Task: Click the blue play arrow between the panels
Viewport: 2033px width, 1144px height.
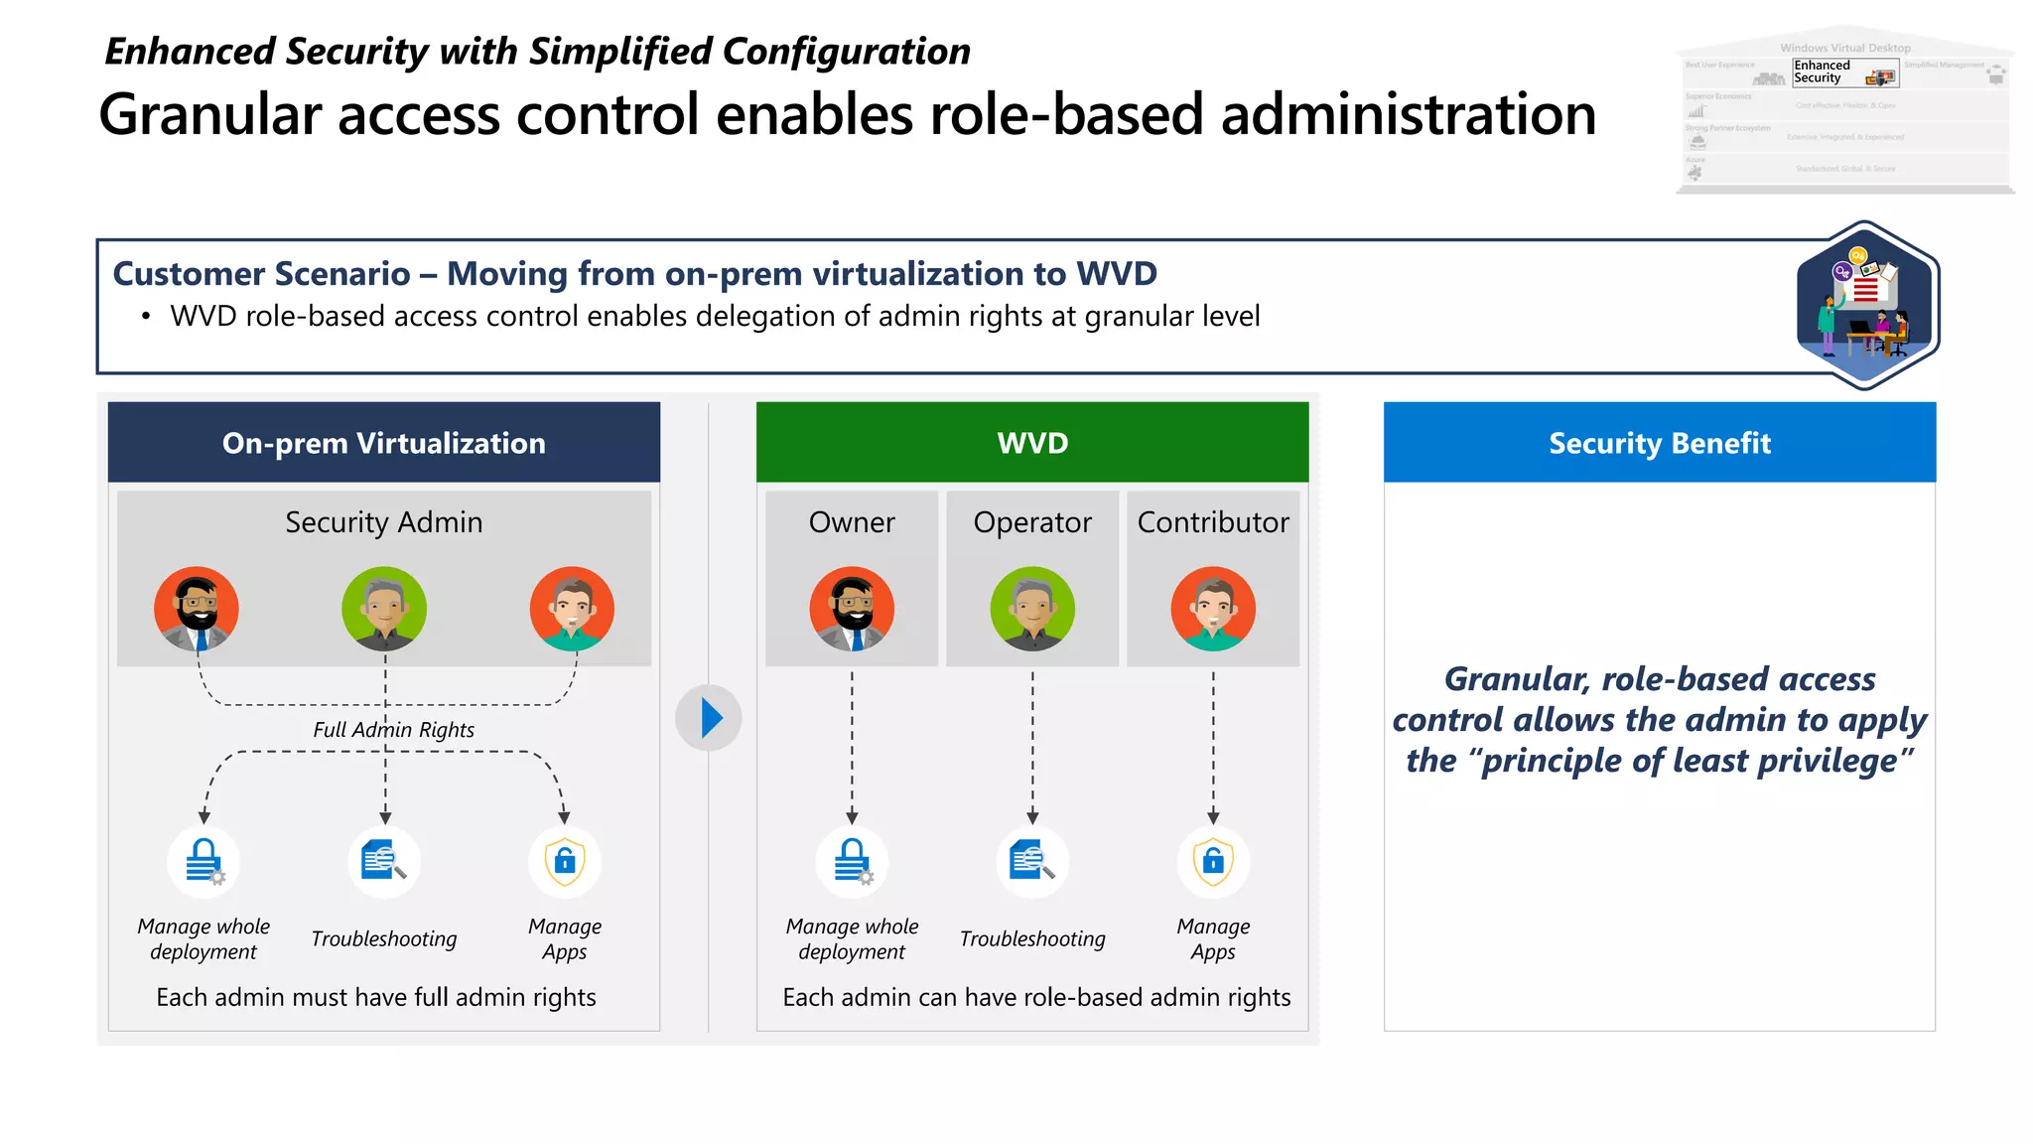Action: tap(709, 718)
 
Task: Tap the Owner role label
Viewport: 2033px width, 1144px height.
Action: tap(852, 522)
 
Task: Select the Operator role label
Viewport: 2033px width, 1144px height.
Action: tap(1032, 522)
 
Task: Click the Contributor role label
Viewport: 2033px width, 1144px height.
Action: tap(1213, 522)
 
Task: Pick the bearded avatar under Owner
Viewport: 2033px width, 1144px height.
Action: tap(852, 609)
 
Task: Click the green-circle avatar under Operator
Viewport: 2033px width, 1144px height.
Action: tap(1032, 609)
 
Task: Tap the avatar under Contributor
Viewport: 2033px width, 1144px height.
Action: tap(1213, 609)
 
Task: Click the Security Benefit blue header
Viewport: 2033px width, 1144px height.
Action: tap(1660, 443)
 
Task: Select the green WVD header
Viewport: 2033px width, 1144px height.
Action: tap(1032, 443)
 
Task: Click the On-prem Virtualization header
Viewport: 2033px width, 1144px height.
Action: tap(384, 443)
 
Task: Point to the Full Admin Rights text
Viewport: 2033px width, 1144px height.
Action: tap(393, 730)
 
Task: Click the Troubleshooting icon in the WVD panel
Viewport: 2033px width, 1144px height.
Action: tap(1032, 861)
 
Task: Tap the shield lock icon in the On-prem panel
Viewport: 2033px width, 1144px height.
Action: tap(565, 861)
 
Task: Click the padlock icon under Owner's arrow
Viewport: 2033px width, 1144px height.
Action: tap(852, 861)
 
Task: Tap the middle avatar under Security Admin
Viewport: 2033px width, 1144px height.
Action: tap(384, 609)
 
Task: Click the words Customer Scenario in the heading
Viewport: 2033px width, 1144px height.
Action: tap(261, 274)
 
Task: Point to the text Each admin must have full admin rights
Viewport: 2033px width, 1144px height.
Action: tap(376, 997)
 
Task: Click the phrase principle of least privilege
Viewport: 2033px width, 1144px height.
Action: tap(1688, 762)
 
